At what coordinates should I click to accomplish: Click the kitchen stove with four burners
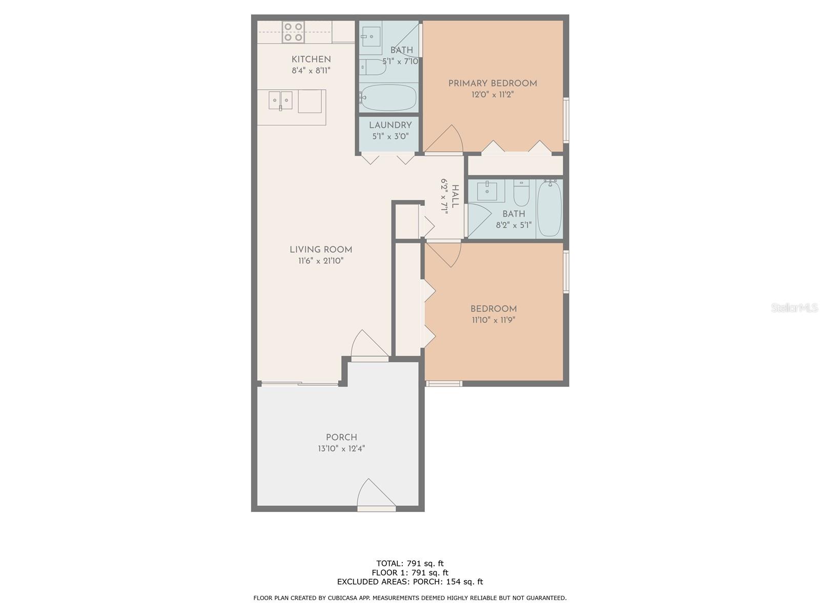pos(293,32)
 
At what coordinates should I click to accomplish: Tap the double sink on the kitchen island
pos(280,100)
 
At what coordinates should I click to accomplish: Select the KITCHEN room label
pos(311,59)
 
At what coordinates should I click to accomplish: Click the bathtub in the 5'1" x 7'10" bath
pos(388,97)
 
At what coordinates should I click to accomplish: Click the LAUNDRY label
pos(390,126)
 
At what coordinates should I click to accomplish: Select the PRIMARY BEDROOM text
pos(493,84)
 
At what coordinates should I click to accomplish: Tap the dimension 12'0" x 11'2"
pos(493,95)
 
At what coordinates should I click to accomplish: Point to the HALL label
pos(455,196)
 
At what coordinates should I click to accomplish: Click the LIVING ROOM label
pos(321,250)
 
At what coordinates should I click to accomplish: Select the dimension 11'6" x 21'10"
pos(321,261)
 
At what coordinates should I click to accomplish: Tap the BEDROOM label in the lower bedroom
pos(494,309)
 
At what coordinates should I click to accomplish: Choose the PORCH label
pos(341,438)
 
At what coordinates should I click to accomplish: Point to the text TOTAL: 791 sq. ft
pos(409,564)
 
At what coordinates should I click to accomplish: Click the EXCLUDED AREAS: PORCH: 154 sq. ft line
pos(409,582)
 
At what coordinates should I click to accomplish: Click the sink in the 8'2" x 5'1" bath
pos(487,191)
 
